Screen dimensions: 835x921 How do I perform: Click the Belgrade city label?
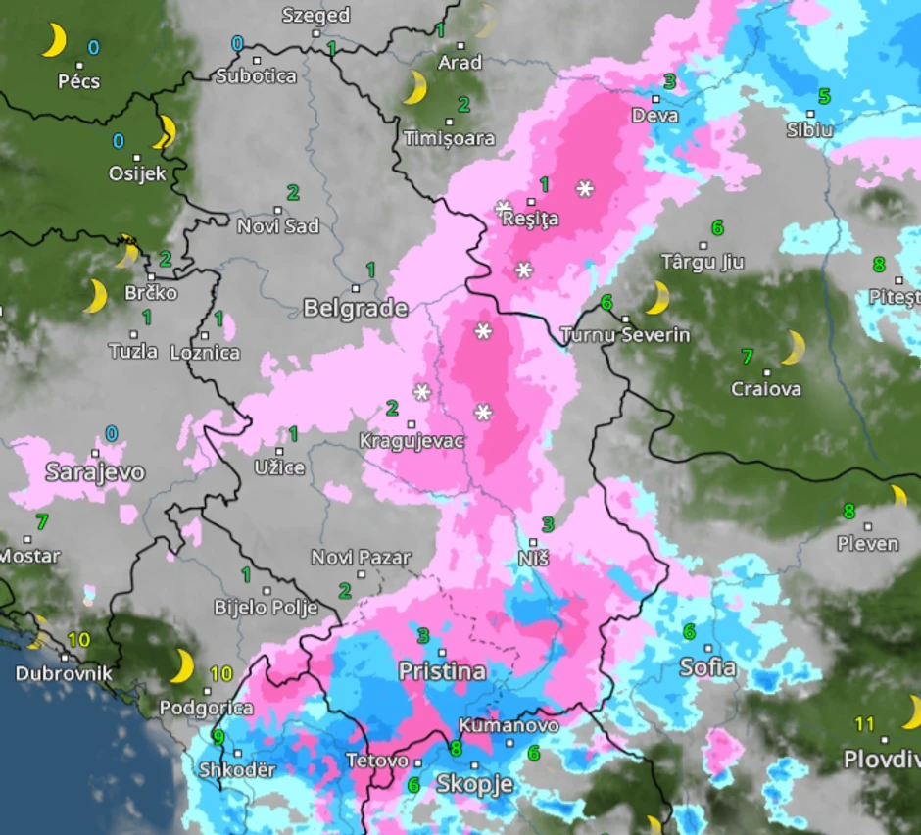[355, 309]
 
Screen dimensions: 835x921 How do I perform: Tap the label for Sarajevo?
[95, 472]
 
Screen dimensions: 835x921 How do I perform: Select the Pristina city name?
[442, 671]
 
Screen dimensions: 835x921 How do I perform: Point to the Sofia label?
[707, 667]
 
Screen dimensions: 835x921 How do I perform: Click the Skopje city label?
[474, 783]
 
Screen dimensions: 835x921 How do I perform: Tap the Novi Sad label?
[278, 226]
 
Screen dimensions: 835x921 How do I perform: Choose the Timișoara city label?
[450, 138]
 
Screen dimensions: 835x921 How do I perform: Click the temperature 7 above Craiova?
[748, 356]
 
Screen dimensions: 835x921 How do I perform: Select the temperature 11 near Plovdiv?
[863, 724]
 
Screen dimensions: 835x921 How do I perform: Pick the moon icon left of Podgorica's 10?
[182, 665]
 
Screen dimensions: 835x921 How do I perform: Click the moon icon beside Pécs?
[53, 41]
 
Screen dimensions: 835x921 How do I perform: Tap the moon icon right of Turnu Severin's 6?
[656, 297]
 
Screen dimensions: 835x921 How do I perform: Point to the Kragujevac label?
[411, 440]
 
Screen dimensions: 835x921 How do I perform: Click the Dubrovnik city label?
[64, 674]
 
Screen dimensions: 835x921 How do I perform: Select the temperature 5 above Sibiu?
[824, 96]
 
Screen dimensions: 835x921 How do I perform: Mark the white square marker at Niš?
[534, 541]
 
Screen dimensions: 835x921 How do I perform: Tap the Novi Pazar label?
[361, 558]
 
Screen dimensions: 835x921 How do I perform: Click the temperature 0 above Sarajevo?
[111, 433]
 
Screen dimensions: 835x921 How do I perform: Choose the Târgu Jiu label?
[703, 262]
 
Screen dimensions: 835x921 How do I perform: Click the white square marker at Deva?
[656, 98]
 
